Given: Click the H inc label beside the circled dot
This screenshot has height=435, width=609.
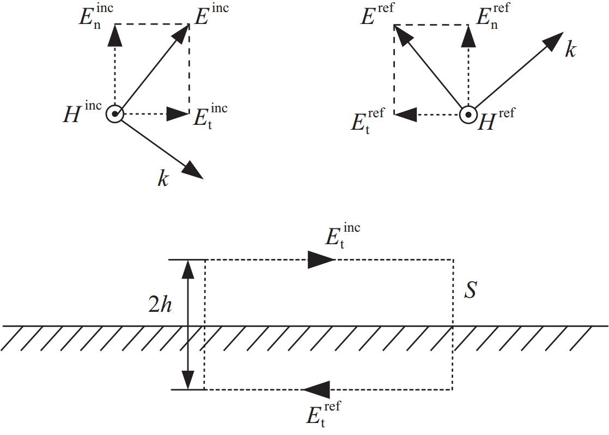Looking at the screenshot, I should (x=82, y=112).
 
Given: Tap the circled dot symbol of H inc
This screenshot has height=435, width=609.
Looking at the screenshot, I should (x=115, y=114).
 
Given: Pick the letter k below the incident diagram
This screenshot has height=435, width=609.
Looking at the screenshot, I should (x=163, y=179).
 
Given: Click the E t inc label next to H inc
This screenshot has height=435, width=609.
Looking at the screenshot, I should (x=210, y=115).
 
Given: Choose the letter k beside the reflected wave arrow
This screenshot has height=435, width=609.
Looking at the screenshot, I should (x=570, y=50).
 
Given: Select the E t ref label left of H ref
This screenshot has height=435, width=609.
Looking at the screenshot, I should (x=368, y=121).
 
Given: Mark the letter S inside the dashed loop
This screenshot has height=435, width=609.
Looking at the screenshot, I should (x=470, y=291).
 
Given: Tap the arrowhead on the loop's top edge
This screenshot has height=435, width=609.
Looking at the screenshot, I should (x=320, y=259).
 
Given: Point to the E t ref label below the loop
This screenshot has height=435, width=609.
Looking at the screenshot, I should (x=323, y=415).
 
